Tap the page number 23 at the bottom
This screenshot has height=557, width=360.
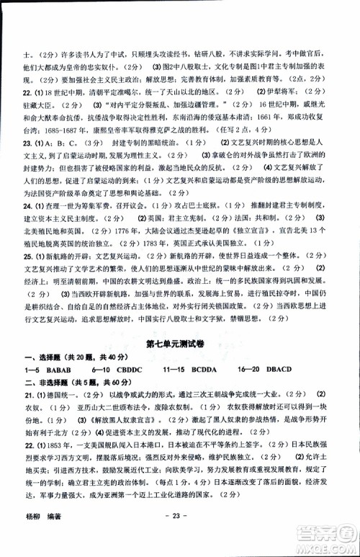pyautogui.click(x=176, y=535)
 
